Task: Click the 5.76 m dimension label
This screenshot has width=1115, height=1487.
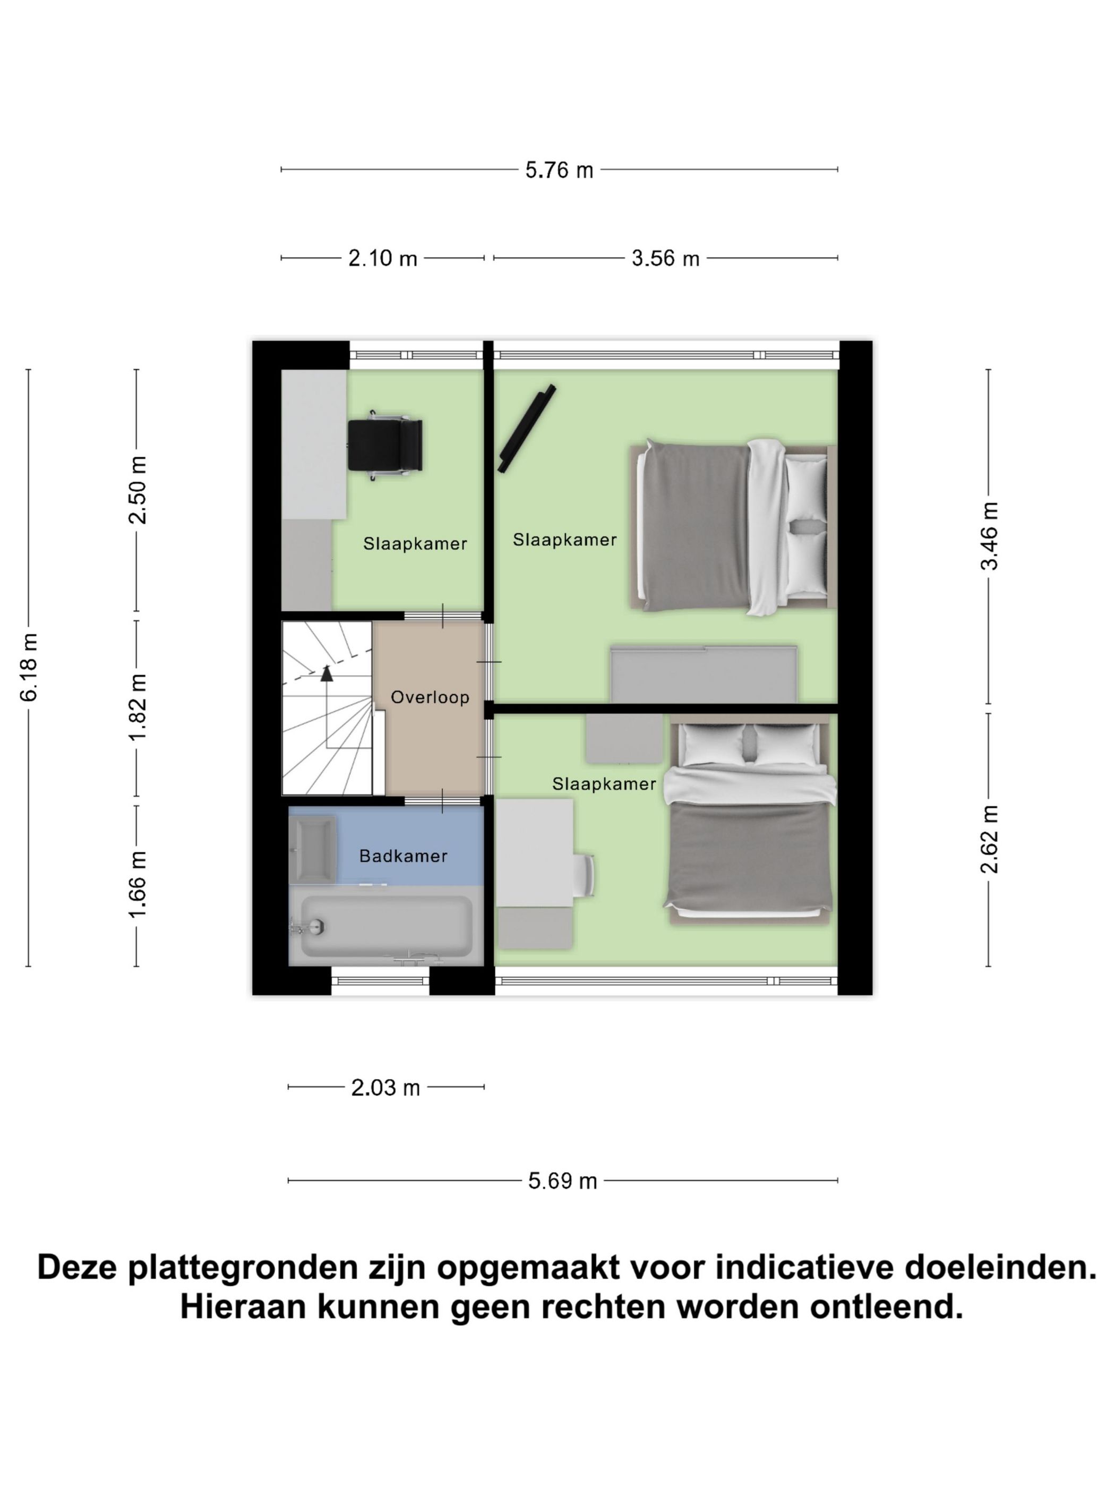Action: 559,170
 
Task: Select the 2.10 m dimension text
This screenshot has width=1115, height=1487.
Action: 382,258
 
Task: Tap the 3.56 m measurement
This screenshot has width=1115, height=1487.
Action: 665,258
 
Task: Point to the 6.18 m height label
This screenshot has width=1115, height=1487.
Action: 29,667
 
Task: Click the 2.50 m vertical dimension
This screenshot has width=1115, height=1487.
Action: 138,490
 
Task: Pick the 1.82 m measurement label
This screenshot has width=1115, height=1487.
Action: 138,707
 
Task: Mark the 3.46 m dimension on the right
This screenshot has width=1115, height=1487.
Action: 989,536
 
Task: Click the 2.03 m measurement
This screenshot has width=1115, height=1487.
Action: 385,1088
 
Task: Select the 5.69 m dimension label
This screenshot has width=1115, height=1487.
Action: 562,1181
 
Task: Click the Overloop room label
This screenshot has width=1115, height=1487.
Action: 430,697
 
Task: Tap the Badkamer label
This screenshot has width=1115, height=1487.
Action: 403,856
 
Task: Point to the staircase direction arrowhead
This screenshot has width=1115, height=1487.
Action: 327,673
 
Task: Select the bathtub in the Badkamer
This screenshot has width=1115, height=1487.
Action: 387,926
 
